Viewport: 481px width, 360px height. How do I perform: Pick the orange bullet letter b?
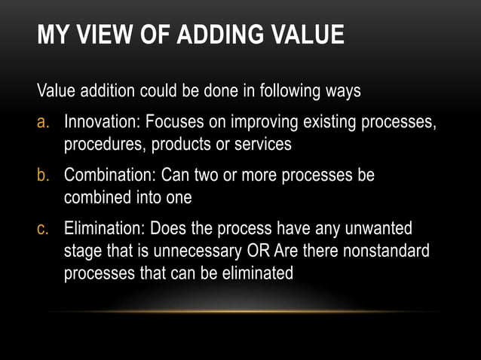tap(44, 175)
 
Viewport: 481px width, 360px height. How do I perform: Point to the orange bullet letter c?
tap(44, 229)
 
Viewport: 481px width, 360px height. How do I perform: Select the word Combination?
tap(110, 175)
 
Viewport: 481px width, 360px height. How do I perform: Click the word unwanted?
tap(381, 229)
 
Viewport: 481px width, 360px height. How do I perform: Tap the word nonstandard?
tap(386, 251)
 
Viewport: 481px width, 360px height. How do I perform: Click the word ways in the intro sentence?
tap(342, 92)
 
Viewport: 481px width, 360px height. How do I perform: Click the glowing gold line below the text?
tap(240, 311)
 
